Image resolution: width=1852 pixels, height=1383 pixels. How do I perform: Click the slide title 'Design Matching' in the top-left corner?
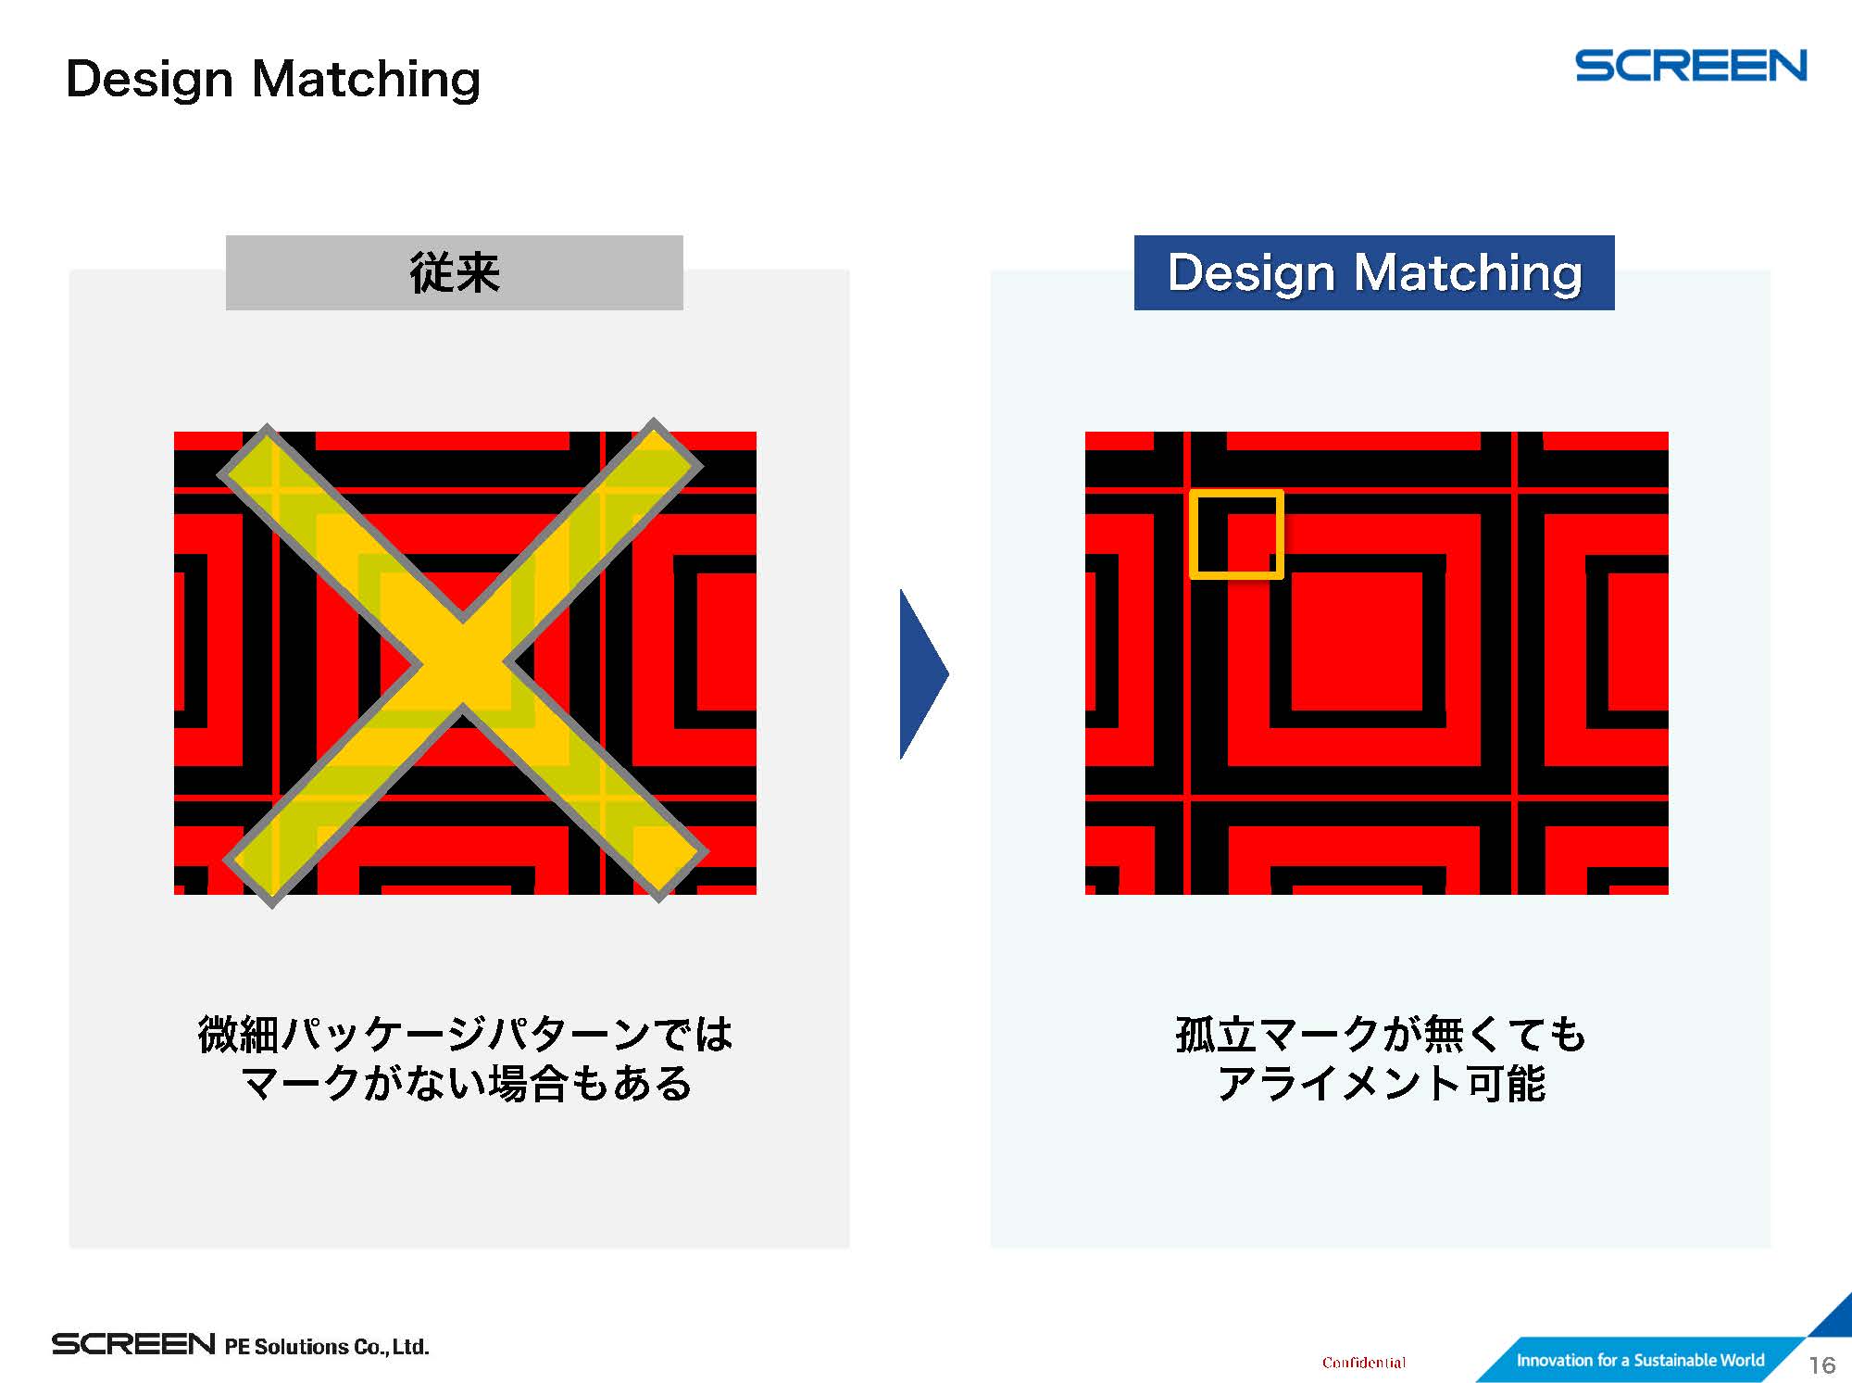[273, 80]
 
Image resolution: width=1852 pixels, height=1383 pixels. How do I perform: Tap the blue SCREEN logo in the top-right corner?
[1691, 66]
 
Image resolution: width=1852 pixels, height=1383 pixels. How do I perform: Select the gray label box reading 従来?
[455, 272]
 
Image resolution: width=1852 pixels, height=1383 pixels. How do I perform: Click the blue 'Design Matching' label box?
[1374, 272]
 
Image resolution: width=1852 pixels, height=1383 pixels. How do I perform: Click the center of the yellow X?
[462, 662]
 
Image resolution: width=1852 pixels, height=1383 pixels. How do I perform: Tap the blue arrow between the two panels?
[924, 673]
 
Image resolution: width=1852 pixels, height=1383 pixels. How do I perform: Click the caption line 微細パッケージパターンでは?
[466, 1034]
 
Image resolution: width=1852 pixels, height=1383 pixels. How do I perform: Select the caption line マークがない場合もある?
[466, 1083]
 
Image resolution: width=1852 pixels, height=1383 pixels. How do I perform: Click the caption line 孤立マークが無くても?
[1381, 1034]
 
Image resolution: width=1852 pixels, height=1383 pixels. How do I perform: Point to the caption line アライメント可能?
[1381, 1083]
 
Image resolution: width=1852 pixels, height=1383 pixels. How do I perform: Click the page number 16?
[1822, 1364]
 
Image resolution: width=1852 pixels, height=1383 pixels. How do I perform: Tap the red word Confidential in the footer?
[1364, 1362]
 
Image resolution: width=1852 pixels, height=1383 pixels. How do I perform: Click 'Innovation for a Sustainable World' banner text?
[1640, 1360]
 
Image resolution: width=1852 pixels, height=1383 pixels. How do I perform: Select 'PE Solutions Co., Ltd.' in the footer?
[327, 1346]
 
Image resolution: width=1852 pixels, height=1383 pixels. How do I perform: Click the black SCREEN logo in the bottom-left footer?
[133, 1344]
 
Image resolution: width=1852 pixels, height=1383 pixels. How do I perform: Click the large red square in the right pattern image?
[1357, 641]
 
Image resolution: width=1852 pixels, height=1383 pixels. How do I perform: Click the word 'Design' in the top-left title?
[149, 80]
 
